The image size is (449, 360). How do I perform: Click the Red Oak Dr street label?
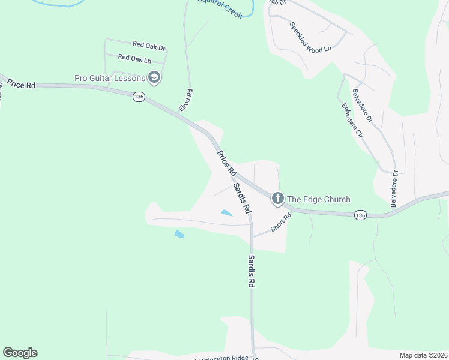[149, 44]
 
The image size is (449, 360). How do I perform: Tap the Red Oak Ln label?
[134, 58]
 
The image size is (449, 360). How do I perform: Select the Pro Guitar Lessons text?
[110, 78]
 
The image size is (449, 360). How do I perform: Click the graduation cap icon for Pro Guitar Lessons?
[154, 77]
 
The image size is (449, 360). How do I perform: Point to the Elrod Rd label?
[187, 100]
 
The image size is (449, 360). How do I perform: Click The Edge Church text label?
[318, 199]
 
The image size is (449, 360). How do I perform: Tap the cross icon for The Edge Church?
[277, 198]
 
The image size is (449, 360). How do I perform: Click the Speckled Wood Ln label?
[310, 38]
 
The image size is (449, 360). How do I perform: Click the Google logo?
[20, 353]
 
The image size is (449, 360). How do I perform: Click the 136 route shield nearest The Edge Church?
[360, 215]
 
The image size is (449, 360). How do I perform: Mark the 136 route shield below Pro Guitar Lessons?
[139, 97]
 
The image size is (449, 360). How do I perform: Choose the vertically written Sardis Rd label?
[251, 271]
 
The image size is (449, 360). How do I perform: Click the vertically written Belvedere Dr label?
[394, 189]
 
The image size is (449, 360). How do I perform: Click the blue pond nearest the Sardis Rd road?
[226, 212]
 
